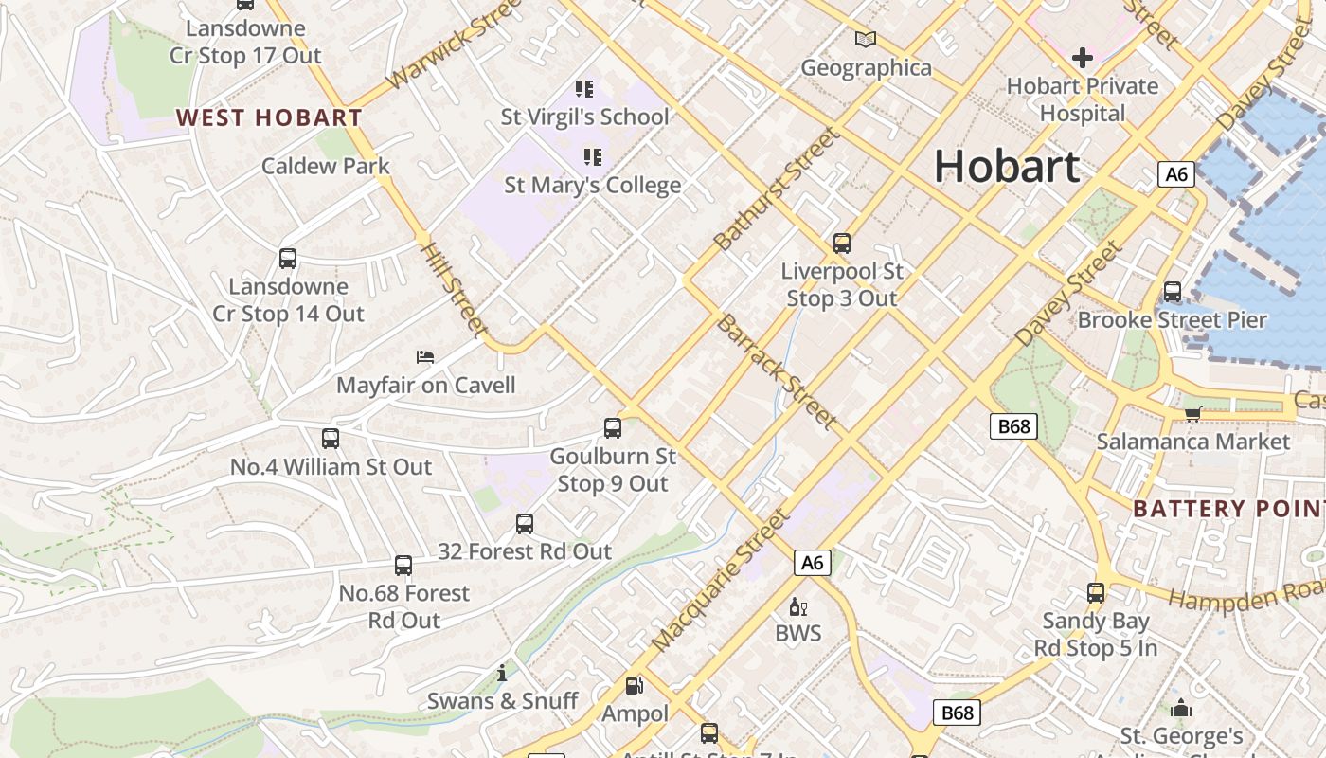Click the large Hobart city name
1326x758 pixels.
(x=1007, y=167)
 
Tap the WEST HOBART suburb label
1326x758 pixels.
(x=269, y=118)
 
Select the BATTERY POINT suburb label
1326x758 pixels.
(x=1228, y=509)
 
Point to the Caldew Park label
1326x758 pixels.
(x=326, y=166)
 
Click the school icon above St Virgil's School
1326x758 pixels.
(x=584, y=89)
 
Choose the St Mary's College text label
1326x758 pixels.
(x=592, y=185)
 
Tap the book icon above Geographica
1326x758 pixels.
(x=866, y=40)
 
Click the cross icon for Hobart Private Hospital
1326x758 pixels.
(x=1082, y=59)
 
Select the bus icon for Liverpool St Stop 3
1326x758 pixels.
(x=842, y=244)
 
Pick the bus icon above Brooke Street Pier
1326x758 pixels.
(x=1173, y=292)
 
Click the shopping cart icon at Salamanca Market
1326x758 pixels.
(x=1193, y=413)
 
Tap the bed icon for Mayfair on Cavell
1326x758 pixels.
(x=425, y=357)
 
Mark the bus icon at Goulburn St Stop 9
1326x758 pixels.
(x=613, y=428)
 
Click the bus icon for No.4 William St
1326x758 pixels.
(x=331, y=439)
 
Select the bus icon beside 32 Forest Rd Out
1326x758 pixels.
(x=525, y=524)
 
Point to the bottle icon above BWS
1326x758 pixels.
(x=798, y=606)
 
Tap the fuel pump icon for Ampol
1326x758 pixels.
(x=635, y=685)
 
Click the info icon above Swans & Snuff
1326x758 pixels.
(x=502, y=674)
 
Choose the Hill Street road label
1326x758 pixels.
(x=454, y=290)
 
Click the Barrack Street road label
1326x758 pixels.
(x=777, y=370)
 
